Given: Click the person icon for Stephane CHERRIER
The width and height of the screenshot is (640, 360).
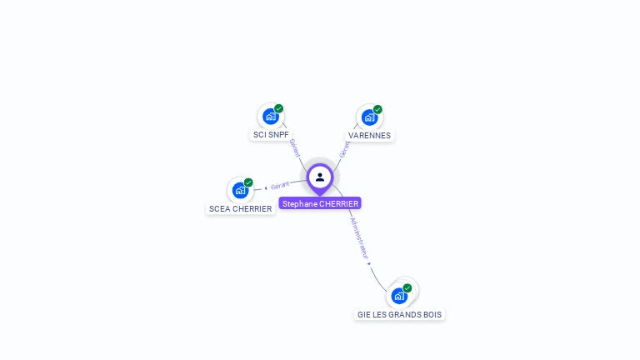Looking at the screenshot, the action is tap(320, 177).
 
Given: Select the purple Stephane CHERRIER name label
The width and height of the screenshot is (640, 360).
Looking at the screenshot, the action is tap(320, 203).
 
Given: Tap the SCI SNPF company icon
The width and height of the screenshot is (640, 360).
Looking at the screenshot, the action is tap(269, 117).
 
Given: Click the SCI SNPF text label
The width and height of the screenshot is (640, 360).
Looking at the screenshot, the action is tap(271, 134).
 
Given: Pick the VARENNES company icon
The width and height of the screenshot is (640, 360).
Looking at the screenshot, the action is tap(368, 117).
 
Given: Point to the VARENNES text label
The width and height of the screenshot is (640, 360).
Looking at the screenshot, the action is tap(369, 135).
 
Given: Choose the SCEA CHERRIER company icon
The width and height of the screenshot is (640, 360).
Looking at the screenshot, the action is tap(240, 190).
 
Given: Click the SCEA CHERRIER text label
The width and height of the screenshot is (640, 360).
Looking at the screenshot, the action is tap(241, 208).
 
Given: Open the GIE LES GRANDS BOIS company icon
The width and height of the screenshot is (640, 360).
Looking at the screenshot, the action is tap(399, 296).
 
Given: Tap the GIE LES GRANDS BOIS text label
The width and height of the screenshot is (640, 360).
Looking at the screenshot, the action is tap(399, 314).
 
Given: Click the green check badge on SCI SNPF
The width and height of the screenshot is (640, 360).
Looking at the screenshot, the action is tap(278, 108).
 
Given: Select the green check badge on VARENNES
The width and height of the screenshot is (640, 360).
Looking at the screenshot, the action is tap(377, 109).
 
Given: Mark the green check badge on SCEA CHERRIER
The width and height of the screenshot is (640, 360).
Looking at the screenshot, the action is tap(248, 182).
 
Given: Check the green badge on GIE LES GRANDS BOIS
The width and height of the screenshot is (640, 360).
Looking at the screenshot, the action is tap(407, 287).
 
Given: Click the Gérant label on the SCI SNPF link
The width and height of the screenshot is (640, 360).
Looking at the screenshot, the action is tap(293, 147).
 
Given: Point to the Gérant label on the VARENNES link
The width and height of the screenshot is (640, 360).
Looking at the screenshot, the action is tap(344, 149).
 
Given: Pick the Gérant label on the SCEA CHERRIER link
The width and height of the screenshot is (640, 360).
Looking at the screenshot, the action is tap(280, 185).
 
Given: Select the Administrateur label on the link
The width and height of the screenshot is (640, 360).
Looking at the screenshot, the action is tap(358, 239).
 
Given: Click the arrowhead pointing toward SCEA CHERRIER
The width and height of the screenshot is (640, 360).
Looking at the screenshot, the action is tap(265, 187).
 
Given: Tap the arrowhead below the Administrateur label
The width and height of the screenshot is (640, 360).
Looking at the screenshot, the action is tap(369, 263).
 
